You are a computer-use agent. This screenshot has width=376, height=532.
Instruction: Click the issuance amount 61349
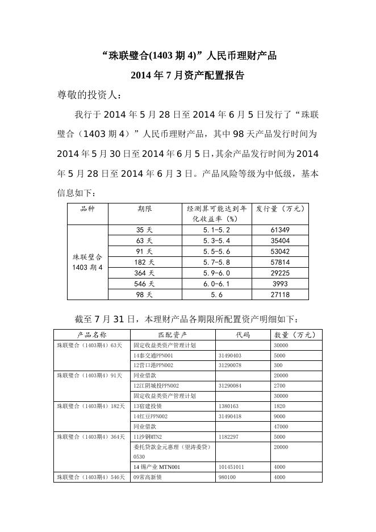click(281, 230)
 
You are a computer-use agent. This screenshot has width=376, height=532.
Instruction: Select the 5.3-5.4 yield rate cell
click(216, 241)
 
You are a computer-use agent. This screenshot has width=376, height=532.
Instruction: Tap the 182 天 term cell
click(144, 263)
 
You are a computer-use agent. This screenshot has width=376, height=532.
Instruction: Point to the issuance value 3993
click(281, 284)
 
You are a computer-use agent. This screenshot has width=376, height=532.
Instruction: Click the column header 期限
click(144, 209)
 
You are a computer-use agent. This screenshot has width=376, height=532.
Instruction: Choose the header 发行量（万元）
click(281, 209)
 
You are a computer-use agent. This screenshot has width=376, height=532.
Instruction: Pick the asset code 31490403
click(230, 355)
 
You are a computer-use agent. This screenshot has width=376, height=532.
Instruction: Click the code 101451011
click(231, 467)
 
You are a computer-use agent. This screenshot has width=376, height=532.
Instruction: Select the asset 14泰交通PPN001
click(153, 355)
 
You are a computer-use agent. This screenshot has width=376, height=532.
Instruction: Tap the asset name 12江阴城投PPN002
click(156, 385)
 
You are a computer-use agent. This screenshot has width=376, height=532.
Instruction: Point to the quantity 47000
click(281, 426)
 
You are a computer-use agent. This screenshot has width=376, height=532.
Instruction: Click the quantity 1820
click(279, 406)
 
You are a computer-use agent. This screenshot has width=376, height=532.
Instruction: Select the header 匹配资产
click(173, 335)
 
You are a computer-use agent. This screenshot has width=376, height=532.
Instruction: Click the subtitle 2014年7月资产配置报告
click(187, 75)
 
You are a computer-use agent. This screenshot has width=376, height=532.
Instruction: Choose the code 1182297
click(228, 437)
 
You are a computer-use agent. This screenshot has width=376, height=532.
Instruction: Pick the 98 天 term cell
click(144, 295)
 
